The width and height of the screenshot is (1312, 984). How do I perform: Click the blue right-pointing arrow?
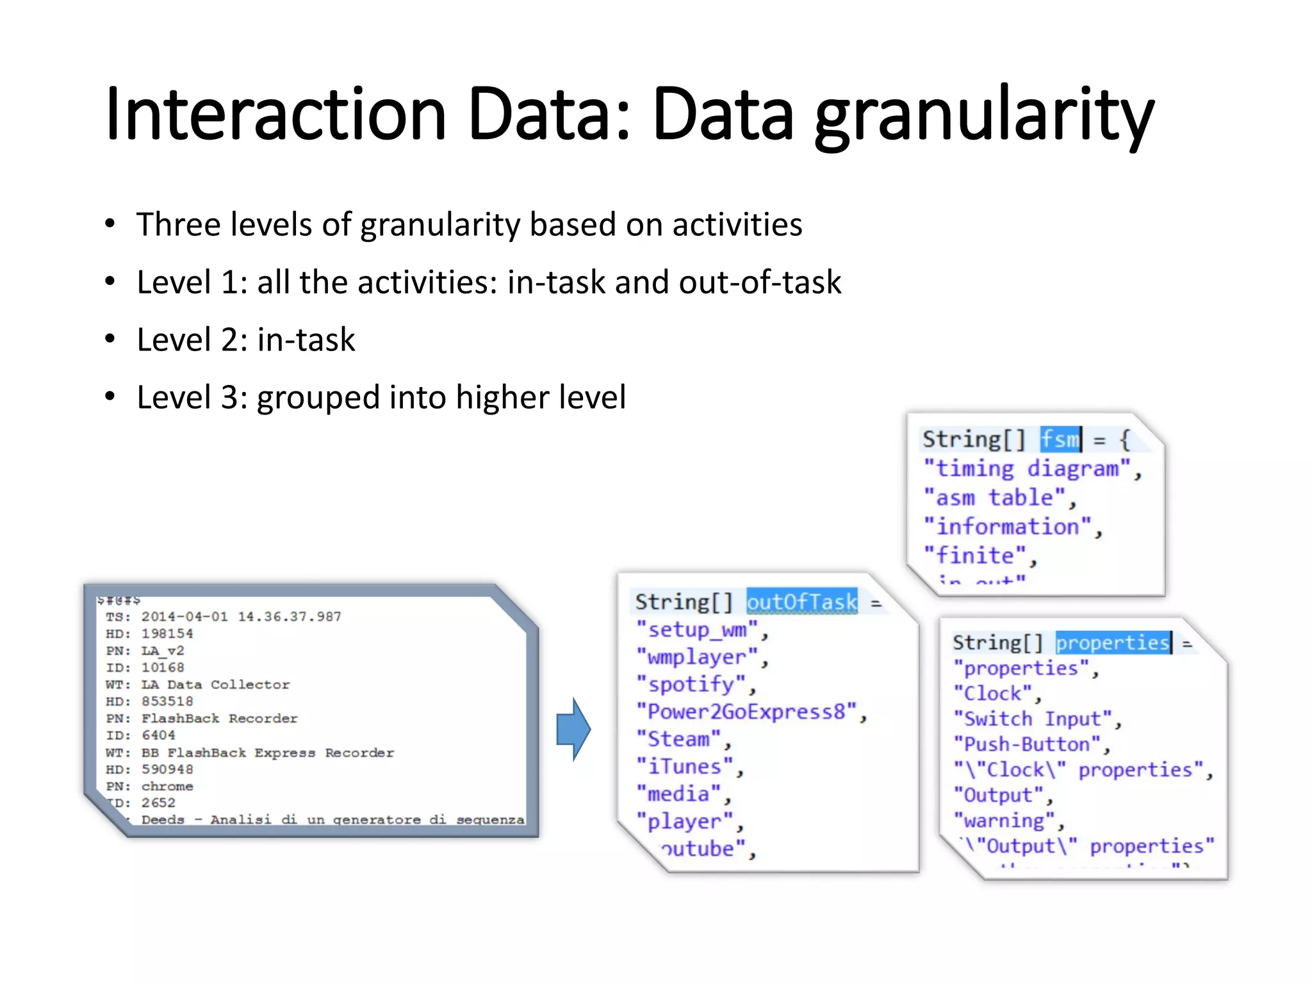coord(573,729)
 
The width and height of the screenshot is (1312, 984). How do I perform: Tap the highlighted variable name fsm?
coord(1060,439)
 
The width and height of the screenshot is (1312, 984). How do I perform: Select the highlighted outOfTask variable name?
coord(801,602)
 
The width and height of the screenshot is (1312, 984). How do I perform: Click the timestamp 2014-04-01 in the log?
coord(184,616)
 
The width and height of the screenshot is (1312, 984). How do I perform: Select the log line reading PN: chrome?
coord(150,786)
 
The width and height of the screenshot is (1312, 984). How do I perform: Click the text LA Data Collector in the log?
coord(215,684)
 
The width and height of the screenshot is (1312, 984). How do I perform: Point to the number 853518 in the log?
coord(167,701)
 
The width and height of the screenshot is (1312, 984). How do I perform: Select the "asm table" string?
coord(994,498)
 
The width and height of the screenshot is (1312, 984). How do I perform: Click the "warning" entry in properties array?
coord(1004,821)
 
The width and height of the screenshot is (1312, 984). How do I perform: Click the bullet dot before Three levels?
coord(110,224)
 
